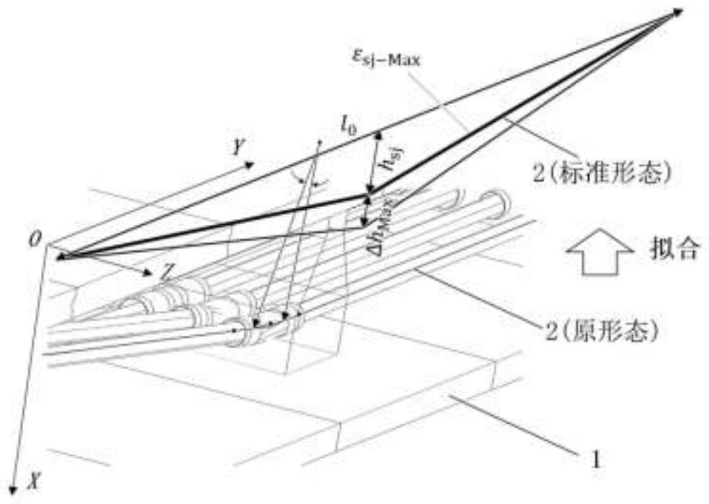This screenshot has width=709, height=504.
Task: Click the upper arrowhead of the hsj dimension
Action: [380, 135]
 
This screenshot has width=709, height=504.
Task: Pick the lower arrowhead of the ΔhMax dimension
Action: [364, 223]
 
